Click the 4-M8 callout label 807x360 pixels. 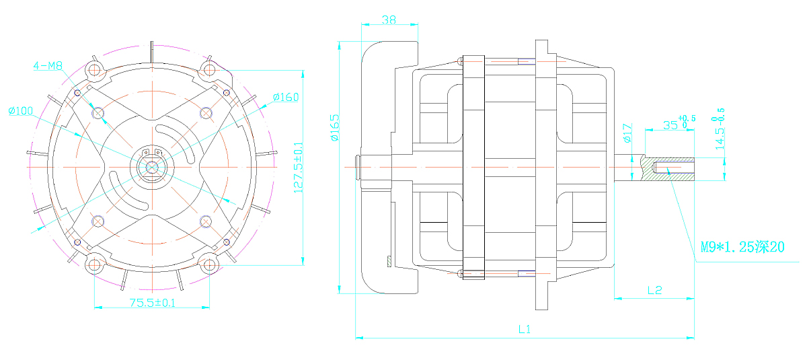(x=48, y=65)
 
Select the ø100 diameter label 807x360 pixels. (x=21, y=110)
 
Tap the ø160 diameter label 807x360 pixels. (x=286, y=97)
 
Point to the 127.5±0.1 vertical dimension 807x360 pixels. (x=299, y=168)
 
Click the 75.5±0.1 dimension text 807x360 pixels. (x=153, y=302)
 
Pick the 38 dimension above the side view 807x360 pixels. (x=389, y=20)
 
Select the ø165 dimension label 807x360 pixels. (x=335, y=128)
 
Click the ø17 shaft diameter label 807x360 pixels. (x=627, y=133)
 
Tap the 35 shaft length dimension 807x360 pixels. (x=679, y=122)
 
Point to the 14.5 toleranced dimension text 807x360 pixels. (x=720, y=129)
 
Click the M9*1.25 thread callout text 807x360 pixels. (x=742, y=247)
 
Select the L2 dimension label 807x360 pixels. (x=654, y=290)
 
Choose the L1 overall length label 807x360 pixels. (x=524, y=329)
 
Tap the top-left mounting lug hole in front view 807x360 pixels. (x=94, y=69)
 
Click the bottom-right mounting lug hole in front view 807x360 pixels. (x=209, y=265)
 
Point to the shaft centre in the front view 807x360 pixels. (x=152, y=167)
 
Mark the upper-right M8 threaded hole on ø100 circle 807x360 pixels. (x=206, y=113)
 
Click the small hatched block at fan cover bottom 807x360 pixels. (x=389, y=262)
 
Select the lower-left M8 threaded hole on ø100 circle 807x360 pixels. (x=98, y=221)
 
